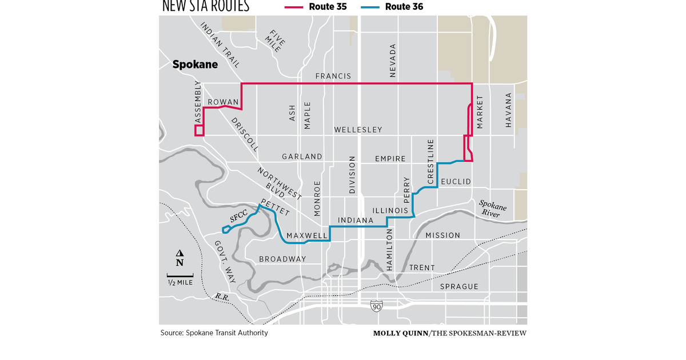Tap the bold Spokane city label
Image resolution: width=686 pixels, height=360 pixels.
[x=195, y=65]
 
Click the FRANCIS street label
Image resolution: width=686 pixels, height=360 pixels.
[x=333, y=76]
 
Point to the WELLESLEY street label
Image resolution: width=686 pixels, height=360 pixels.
[x=358, y=130]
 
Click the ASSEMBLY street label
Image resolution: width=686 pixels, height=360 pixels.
[x=198, y=103]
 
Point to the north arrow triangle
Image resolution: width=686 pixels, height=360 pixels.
[x=180, y=254]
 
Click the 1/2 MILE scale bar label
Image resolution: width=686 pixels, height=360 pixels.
[x=180, y=282]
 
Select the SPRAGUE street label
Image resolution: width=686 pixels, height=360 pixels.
[x=459, y=286]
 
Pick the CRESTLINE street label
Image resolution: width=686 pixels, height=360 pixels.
[x=430, y=161]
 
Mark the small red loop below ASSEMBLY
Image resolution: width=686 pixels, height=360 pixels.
[x=199, y=130]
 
